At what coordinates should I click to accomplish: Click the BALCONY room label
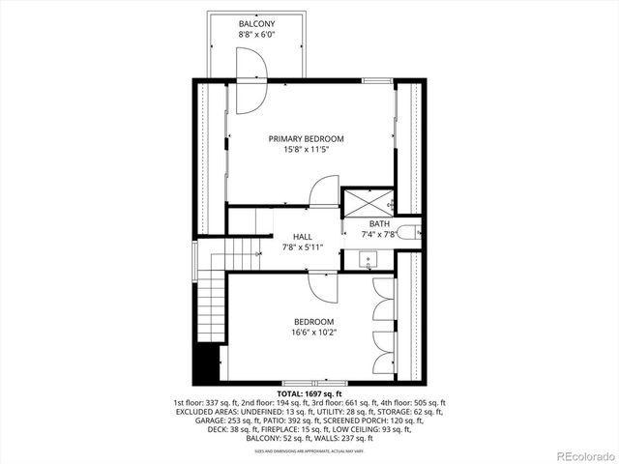[256, 22]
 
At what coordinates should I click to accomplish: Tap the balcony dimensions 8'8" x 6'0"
[256, 35]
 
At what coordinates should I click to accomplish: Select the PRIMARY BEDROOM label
[306, 139]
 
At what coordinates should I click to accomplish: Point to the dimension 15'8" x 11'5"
[306, 151]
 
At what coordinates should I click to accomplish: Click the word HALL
[303, 237]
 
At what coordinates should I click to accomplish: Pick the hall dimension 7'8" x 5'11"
[303, 248]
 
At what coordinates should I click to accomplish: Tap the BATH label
[379, 224]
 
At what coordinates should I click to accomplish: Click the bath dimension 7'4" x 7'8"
[379, 235]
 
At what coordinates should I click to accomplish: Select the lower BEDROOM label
[314, 322]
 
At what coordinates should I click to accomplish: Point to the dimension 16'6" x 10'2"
[314, 333]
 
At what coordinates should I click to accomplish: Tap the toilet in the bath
[413, 231]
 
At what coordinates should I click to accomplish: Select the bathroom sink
[368, 260]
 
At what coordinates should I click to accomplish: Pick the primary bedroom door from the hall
[324, 191]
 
